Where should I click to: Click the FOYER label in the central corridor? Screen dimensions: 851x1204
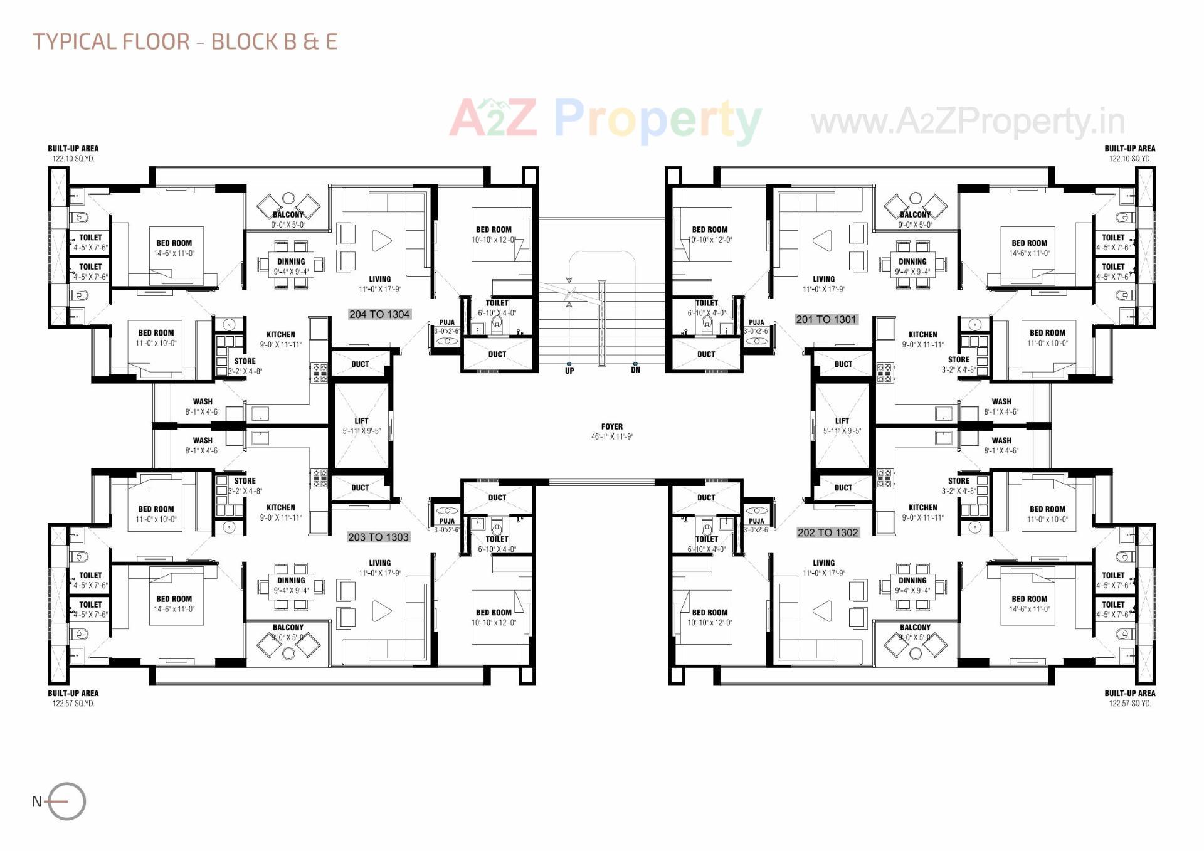[x=611, y=427]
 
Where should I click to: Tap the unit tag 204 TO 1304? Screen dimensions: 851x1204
[x=379, y=314]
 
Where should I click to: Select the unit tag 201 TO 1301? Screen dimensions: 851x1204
[x=826, y=319]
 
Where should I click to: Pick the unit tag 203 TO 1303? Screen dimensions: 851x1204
[x=378, y=537]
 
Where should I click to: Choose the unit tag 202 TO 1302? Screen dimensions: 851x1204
[x=827, y=532]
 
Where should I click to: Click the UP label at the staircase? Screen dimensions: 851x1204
[x=569, y=371]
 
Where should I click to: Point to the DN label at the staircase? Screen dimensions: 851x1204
[x=635, y=370]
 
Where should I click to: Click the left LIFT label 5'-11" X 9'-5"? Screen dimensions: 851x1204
[x=361, y=426]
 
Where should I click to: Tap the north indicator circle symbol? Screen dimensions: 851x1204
[x=66, y=801]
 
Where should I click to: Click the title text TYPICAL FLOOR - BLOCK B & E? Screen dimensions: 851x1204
[x=185, y=41]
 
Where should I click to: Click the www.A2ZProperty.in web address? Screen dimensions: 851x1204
[x=968, y=122]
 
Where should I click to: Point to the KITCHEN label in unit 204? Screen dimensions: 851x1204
[x=280, y=335]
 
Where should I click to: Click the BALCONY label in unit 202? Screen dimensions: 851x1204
[x=915, y=627]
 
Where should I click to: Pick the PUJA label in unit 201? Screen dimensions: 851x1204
[x=756, y=322]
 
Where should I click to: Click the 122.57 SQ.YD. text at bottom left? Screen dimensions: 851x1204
[x=73, y=704]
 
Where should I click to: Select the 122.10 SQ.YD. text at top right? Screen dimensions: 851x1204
[x=1129, y=159]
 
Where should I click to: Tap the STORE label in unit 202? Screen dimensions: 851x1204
[x=958, y=481]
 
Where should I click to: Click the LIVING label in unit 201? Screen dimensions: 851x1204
[x=823, y=279]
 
